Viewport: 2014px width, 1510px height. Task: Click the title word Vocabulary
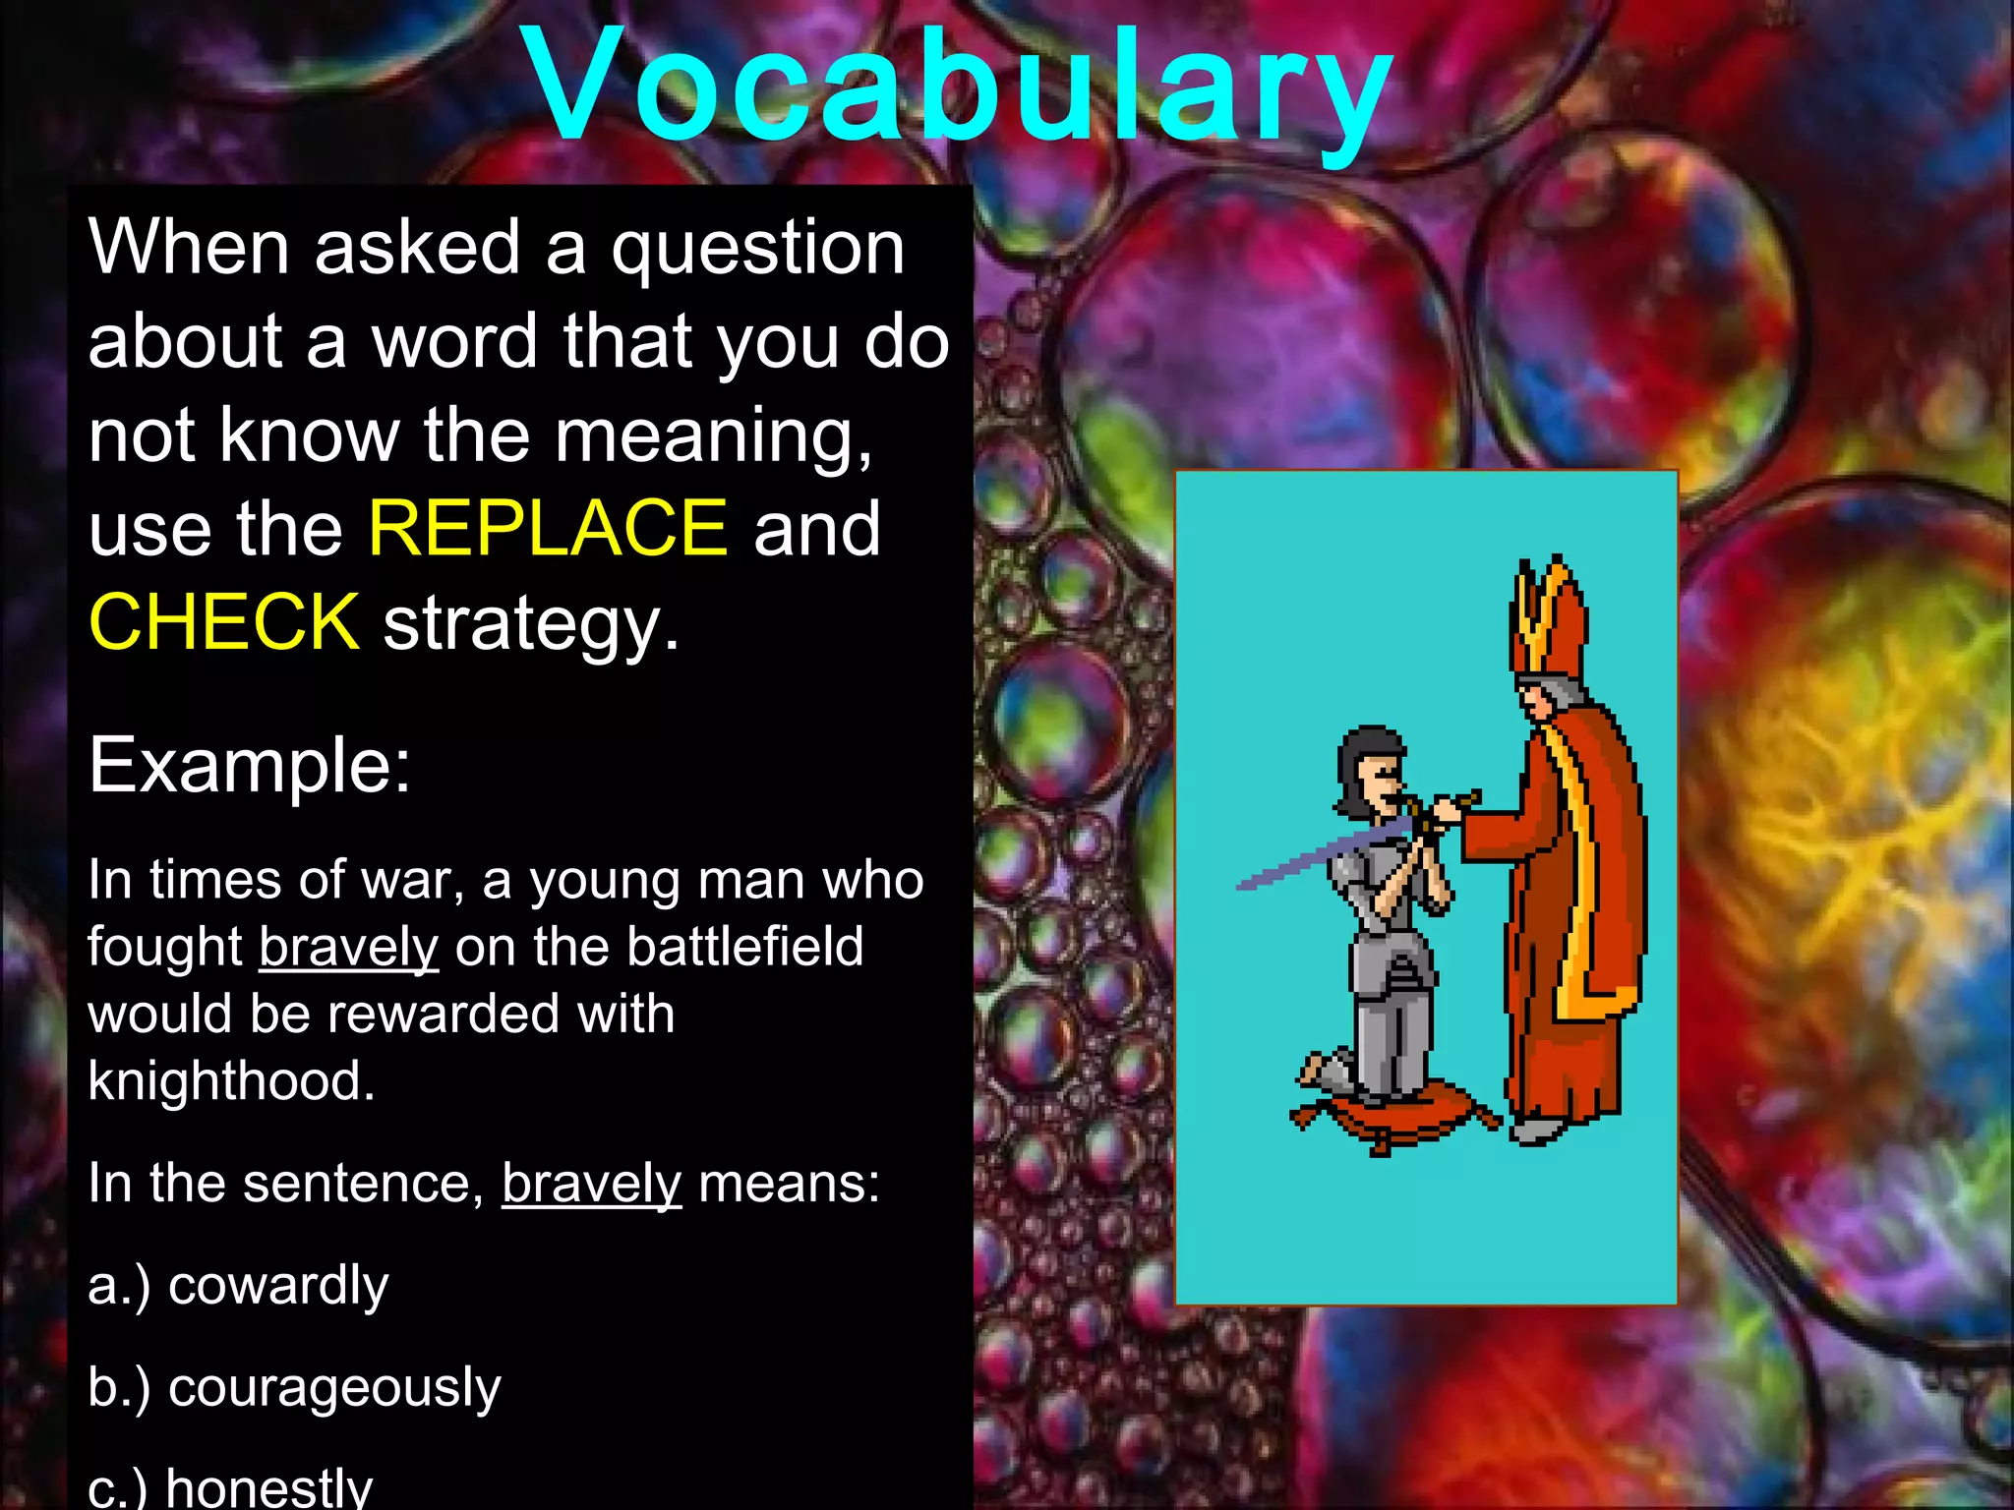coord(959,88)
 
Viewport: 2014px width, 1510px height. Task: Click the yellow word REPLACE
coord(548,529)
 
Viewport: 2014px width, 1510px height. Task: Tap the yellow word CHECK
coord(224,622)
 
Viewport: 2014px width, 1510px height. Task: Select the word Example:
coord(249,766)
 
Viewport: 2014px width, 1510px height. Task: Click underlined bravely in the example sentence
coord(348,948)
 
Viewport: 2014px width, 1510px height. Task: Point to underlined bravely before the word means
coord(591,1183)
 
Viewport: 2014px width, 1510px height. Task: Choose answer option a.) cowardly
coord(239,1285)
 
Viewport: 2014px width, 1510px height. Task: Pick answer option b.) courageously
coord(295,1387)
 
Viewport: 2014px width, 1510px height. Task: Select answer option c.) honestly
coord(231,1486)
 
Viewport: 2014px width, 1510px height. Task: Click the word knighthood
coord(231,1081)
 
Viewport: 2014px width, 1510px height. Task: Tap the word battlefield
coord(744,948)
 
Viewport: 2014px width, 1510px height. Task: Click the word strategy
coord(530,622)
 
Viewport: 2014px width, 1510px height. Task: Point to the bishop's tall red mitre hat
coord(1549,619)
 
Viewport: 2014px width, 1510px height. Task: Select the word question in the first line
coord(757,249)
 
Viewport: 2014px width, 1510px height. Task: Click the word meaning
coord(712,436)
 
